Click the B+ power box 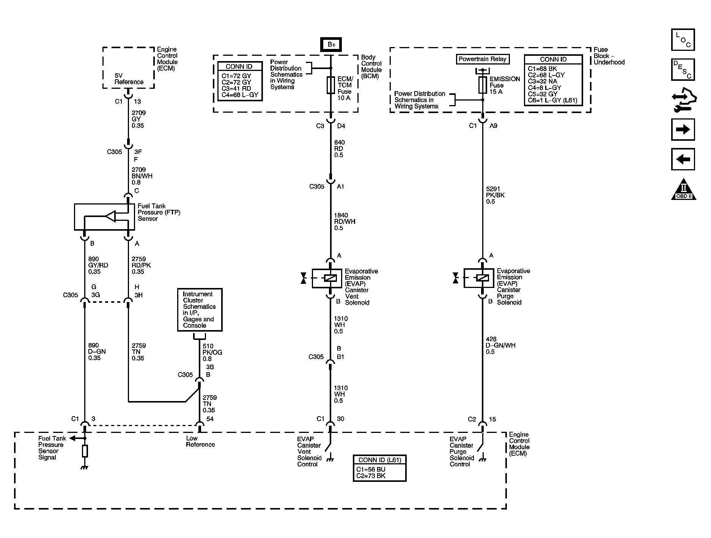point(331,44)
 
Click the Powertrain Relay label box point(482,59)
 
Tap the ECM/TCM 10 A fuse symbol point(331,85)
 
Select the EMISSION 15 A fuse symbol point(482,85)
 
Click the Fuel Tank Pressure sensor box point(104,217)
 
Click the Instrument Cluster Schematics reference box point(200,310)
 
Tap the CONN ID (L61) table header point(379,460)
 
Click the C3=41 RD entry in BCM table point(236,88)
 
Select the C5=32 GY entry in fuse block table point(543,94)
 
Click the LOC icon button point(683,40)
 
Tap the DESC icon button point(683,70)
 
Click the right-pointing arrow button point(683,130)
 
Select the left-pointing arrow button point(683,159)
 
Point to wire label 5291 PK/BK point(495,195)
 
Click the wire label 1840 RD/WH point(344,222)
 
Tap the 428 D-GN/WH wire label point(500,345)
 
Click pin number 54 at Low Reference point(210,419)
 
